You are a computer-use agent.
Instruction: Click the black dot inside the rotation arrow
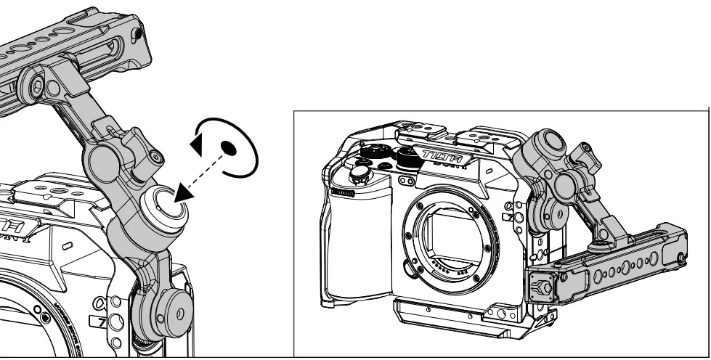pyautogui.click(x=229, y=149)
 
